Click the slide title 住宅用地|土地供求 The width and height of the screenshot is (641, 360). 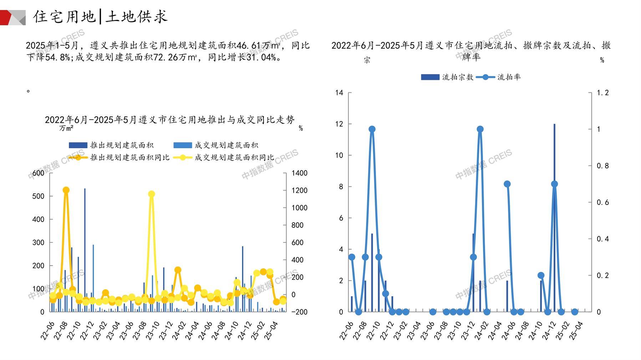(100, 16)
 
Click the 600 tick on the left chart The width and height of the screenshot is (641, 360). (39, 173)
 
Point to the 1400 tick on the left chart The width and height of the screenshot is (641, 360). (299, 173)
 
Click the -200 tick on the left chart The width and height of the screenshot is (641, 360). (299, 312)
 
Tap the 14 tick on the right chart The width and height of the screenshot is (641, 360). (339, 93)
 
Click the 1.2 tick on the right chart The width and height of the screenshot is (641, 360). (603, 93)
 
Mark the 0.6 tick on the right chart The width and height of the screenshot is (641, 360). (603, 202)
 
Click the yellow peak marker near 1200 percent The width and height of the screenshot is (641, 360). (152, 194)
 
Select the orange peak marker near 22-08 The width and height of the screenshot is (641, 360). (66, 190)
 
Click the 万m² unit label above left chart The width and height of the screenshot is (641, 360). (66, 128)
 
